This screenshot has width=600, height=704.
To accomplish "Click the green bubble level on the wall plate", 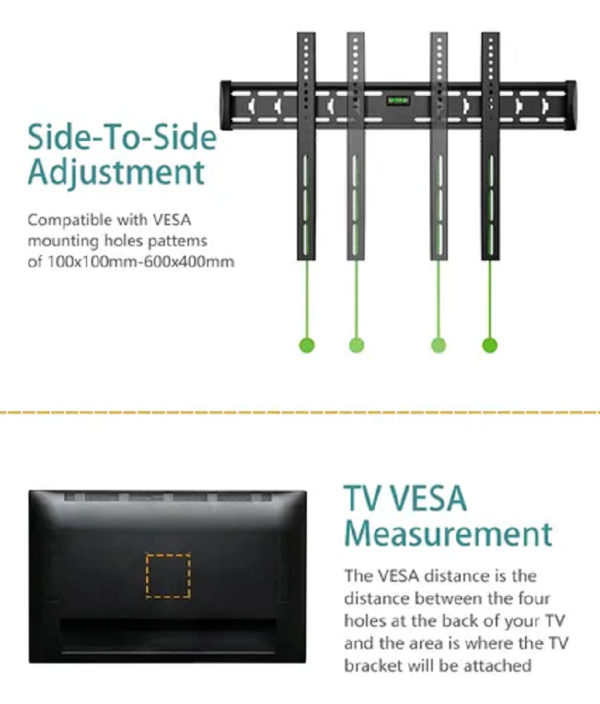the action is pos(398,100).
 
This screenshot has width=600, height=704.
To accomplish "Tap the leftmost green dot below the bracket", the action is pos(307,345).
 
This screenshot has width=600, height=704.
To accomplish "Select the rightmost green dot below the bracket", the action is pos(490,345).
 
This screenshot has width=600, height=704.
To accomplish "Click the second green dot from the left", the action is pos(357,345).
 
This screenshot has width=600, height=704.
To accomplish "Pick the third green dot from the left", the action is pos(439,345).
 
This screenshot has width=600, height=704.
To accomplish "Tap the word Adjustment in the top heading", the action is pos(116,173).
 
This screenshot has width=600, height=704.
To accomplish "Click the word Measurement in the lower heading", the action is pos(448,534).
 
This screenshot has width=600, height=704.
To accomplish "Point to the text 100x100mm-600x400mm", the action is pos(141,261).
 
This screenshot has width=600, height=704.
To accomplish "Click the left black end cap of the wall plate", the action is pos(226,106).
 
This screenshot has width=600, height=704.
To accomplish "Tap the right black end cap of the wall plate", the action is pos(571,106).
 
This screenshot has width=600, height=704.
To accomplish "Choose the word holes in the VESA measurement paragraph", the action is pos(364,621).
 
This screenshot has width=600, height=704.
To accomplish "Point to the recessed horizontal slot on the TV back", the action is pos(168,634).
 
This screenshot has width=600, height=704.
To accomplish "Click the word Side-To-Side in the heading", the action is pos(122,137).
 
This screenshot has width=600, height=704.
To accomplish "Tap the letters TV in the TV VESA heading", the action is pos(362,498).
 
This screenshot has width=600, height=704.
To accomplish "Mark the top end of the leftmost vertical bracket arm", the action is pos(306,33).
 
